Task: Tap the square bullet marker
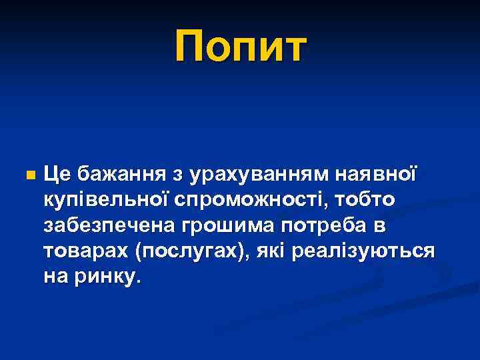click(28, 176)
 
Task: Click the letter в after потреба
click(379, 227)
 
